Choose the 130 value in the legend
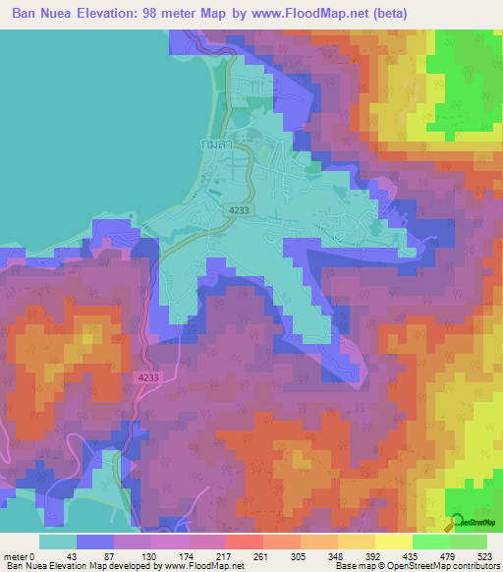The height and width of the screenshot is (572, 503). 151,555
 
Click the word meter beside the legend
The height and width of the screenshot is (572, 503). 15,555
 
